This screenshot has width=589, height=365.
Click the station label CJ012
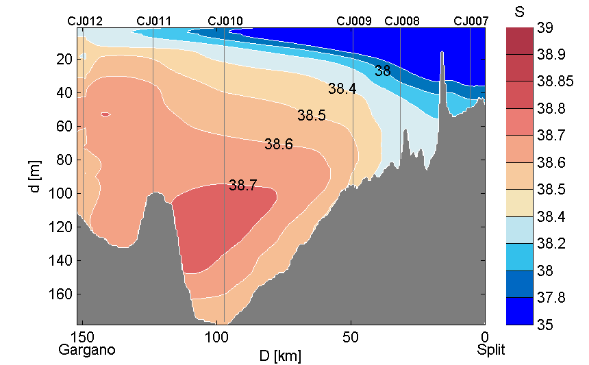click(85, 21)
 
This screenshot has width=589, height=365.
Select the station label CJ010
click(225, 21)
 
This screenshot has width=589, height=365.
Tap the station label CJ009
click(354, 21)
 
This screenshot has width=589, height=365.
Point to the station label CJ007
click(471, 21)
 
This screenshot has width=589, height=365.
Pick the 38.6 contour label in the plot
click(279, 144)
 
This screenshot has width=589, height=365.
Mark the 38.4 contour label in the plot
click(342, 88)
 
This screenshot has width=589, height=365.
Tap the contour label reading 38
click(383, 71)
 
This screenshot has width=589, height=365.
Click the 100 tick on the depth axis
click(63, 194)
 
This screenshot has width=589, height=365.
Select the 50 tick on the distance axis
click(351, 338)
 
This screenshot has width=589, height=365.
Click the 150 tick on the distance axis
click(83, 338)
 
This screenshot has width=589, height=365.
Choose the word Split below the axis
click(491, 350)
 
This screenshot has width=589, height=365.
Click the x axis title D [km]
click(280, 356)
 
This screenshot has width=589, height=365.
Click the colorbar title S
click(518, 12)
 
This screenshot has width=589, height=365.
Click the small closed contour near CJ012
click(105, 114)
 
